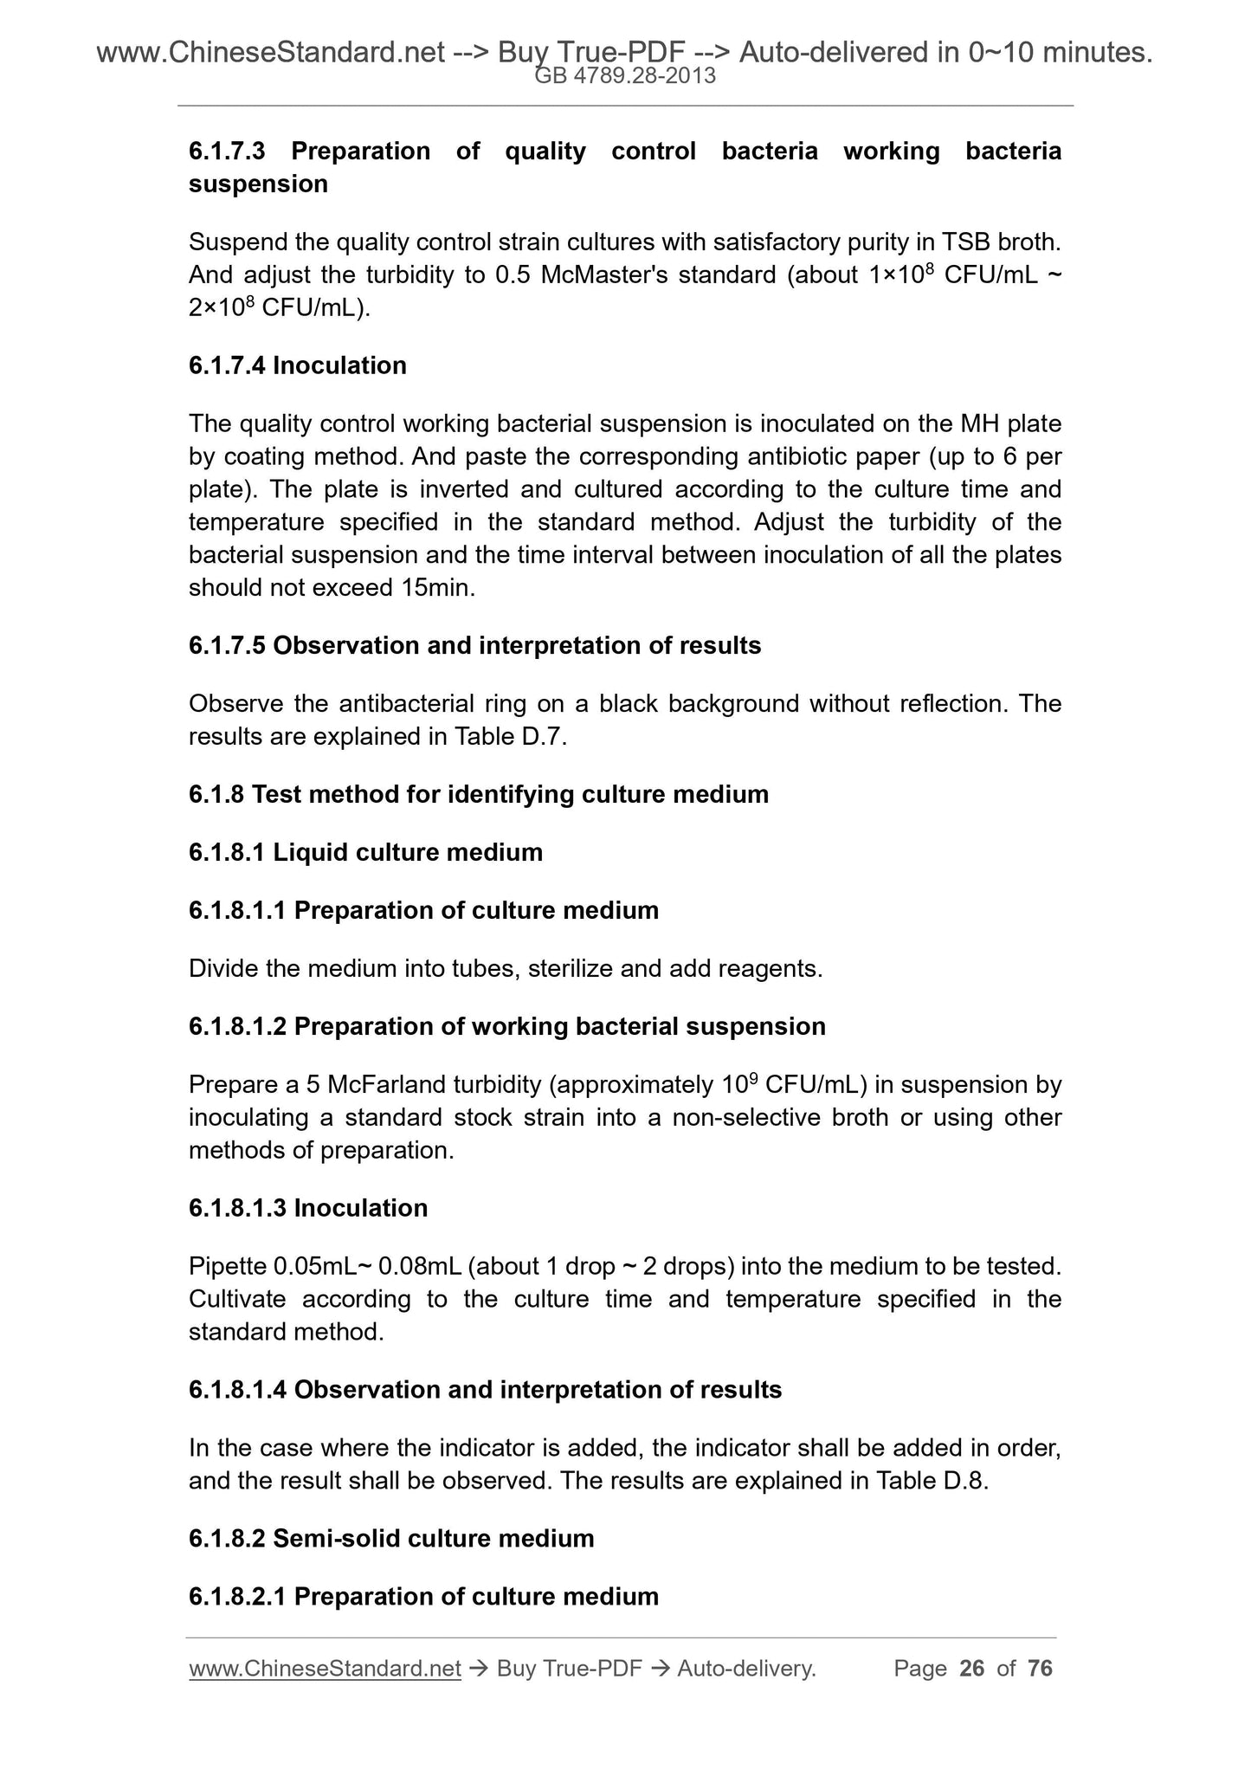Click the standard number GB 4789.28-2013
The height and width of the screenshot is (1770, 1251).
pos(625,76)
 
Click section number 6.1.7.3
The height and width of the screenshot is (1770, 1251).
pos(227,152)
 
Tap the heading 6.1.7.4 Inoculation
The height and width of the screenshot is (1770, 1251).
pos(297,365)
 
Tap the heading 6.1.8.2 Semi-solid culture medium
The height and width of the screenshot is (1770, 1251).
pos(391,1539)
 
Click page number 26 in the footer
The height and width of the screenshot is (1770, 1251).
pos(972,1669)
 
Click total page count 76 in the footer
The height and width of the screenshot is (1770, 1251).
pos(1040,1669)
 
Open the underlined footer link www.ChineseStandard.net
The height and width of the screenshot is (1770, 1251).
pos(324,1669)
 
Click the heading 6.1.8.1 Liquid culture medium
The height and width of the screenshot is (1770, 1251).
pos(365,853)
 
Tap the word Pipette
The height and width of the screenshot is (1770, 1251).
pos(228,1267)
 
